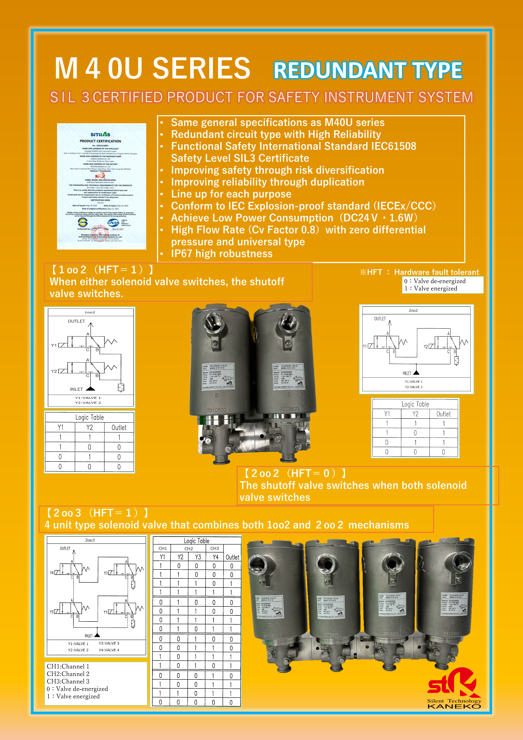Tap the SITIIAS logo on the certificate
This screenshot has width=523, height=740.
[100, 134]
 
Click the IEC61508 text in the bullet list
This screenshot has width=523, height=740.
[393, 146]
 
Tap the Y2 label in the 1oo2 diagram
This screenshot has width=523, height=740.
[54, 371]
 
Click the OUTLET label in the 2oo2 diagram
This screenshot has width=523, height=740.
[380, 319]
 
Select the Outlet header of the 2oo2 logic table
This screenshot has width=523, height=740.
[443, 414]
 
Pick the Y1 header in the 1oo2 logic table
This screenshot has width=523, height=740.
[60, 427]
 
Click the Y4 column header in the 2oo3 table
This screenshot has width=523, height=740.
[215, 557]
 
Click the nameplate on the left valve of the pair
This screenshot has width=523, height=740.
[218, 376]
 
